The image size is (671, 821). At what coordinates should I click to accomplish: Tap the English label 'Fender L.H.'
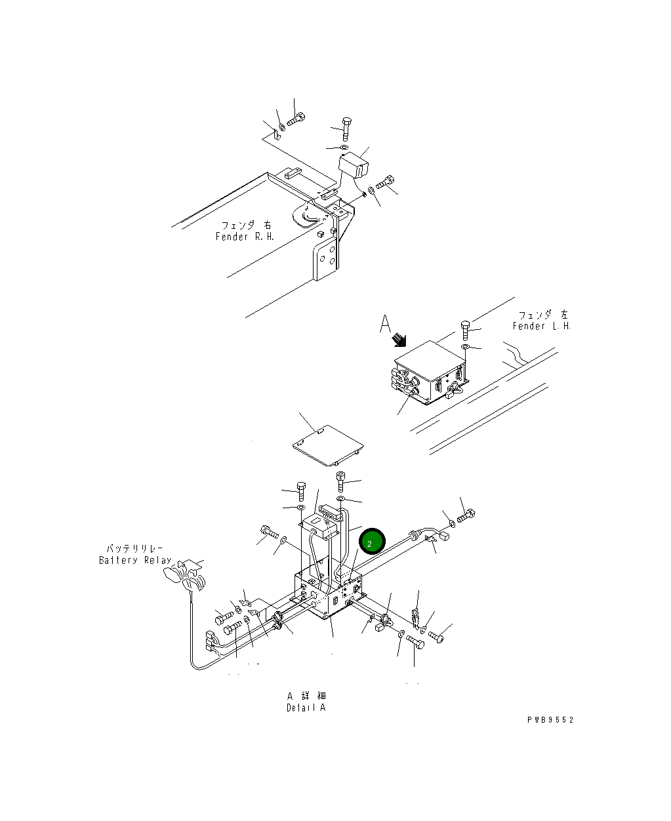click(541, 326)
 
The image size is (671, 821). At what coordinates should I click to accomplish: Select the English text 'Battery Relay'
click(134, 560)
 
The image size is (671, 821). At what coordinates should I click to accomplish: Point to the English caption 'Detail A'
click(306, 708)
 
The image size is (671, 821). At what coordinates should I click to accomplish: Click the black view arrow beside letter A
click(398, 340)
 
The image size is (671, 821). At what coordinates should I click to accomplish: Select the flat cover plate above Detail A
click(327, 446)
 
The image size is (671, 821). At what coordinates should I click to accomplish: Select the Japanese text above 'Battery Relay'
click(134, 548)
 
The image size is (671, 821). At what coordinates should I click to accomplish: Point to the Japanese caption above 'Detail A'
click(306, 696)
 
